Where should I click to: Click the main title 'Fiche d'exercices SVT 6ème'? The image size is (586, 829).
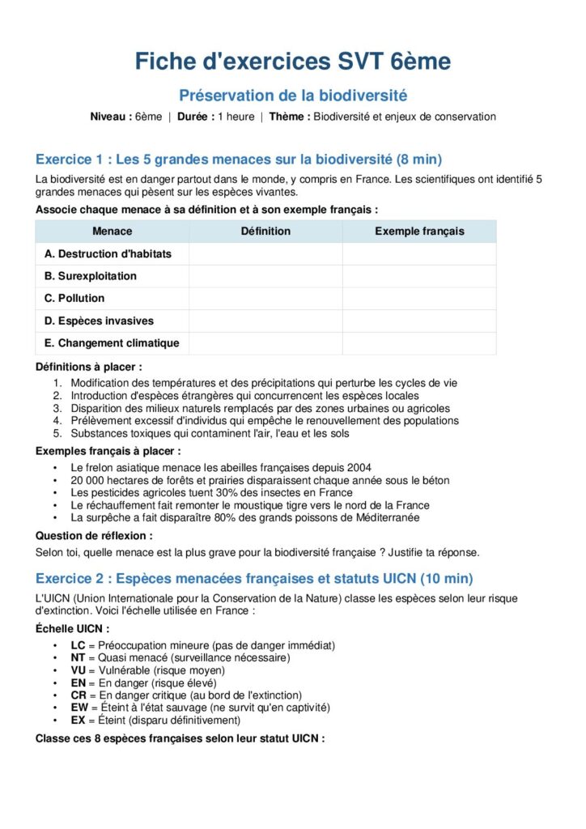(x=292, y=62)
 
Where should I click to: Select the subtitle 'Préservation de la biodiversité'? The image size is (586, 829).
(x=292, y=96)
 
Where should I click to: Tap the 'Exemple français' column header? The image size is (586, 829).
(x=419, y=232)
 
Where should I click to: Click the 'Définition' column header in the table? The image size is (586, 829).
(x=265, y=232)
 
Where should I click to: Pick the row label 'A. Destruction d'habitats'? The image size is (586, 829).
(x=108, y=253)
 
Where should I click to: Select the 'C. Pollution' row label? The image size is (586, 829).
(x=74, y=298)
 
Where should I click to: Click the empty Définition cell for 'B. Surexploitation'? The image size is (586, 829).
(x=265, y=276)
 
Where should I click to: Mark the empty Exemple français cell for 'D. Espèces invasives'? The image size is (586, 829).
(x=419, y=321)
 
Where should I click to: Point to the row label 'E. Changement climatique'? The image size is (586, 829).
(x=112, y=343)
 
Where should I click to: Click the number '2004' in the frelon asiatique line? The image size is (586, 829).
(x=359, y=467)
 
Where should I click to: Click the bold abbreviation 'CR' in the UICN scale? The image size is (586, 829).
(x=78, y=695)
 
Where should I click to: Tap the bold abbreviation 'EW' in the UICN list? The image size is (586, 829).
(x=79, y=708)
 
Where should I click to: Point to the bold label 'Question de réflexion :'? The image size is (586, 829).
(x=94, y=535)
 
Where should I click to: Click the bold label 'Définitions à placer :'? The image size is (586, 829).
(x=88, y=367)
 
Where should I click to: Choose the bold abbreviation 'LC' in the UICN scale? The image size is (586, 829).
(x=78, y=645)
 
